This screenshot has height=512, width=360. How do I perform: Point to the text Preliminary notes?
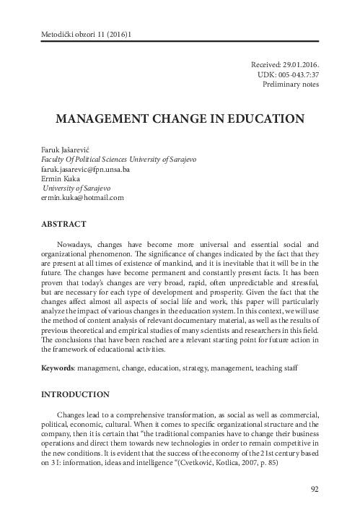point(290,84)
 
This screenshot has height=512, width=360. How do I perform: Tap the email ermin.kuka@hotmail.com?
point(83,197)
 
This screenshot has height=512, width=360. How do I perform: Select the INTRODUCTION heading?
point(76,394)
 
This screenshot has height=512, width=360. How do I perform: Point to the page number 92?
point(314,490)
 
